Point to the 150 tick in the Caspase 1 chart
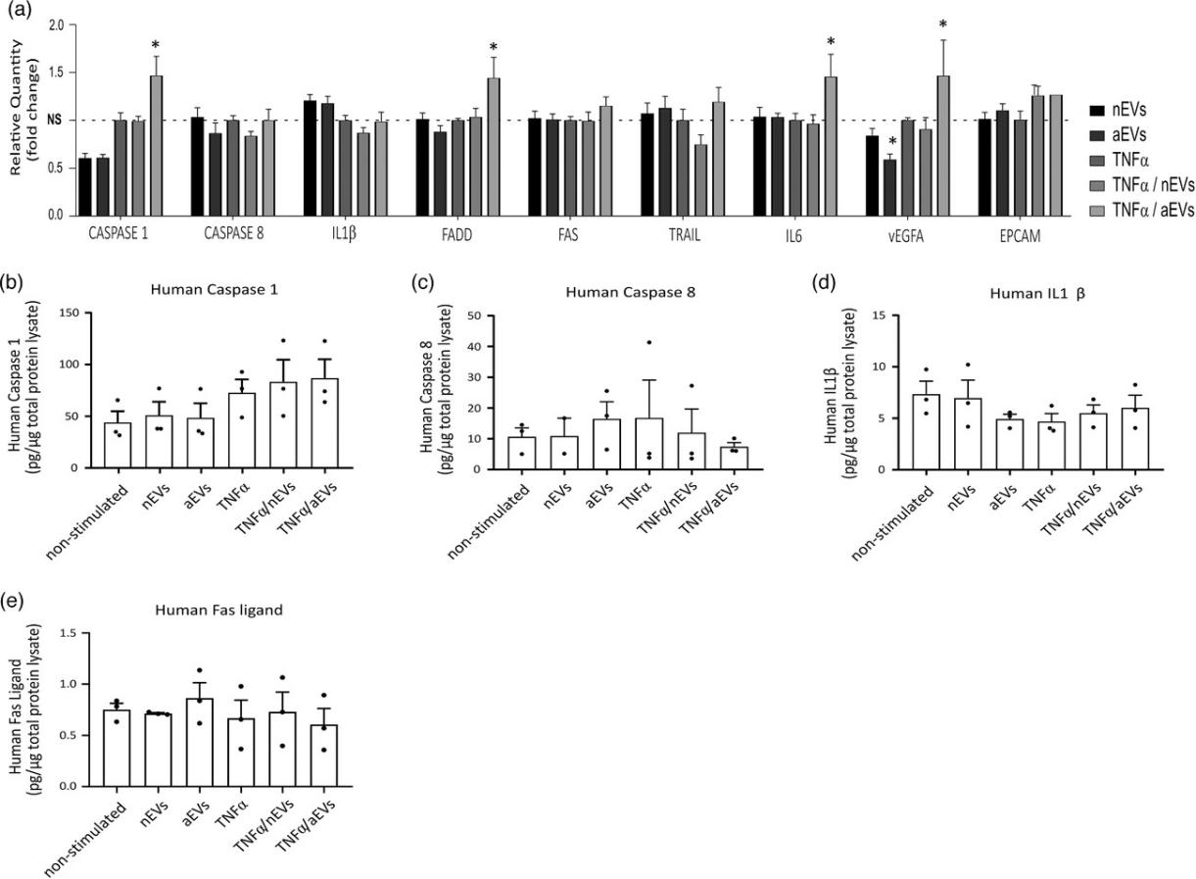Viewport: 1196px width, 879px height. pyautogui.click(x=74, y=313)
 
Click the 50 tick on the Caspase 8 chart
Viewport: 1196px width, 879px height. pyautogui.click(x=479, y=316)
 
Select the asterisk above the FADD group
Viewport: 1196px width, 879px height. pyautogui.click(x=494, y=47)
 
